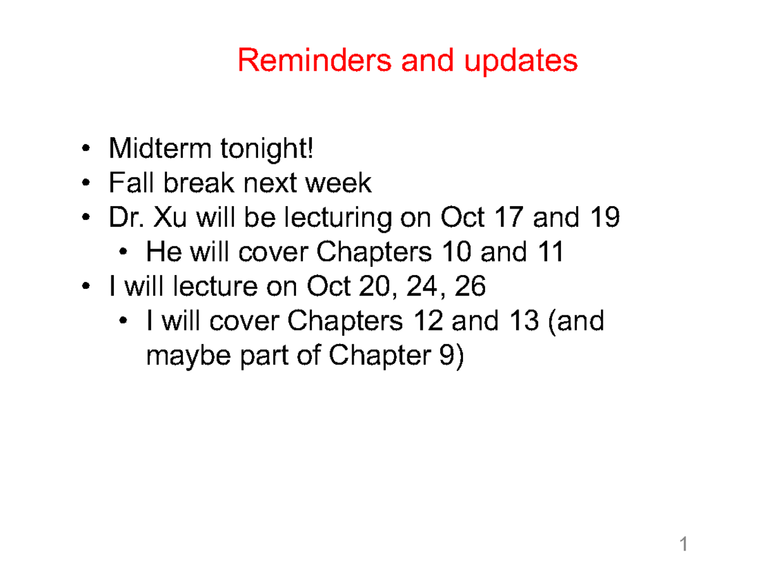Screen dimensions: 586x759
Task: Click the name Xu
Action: pos(174,218)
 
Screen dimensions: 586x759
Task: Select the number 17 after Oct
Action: pos(509,218)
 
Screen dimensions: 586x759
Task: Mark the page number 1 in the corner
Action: pos(683,544)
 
